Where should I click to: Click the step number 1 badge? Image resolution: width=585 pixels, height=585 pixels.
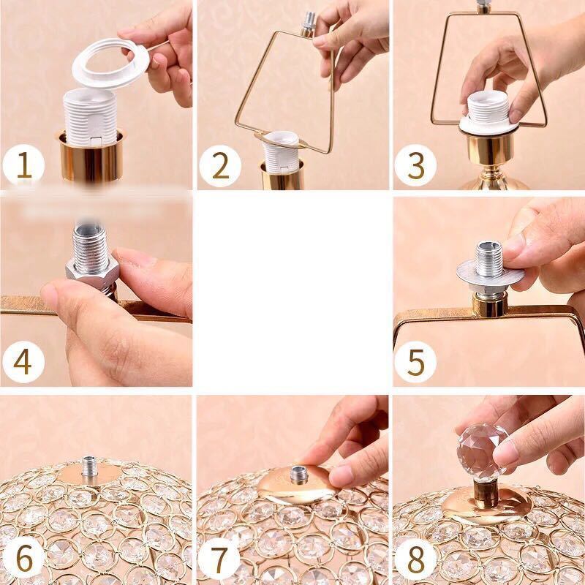23,165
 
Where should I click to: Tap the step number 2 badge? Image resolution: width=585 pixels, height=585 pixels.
220,166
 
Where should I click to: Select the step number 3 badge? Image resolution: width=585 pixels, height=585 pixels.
415,165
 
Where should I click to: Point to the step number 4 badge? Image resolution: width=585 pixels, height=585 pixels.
23,361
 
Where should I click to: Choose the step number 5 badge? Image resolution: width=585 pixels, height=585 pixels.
415,361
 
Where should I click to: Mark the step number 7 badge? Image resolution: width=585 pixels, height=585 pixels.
219,559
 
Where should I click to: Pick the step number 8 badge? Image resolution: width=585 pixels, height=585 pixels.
415,559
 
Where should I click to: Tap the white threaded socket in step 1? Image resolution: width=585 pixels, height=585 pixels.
90,117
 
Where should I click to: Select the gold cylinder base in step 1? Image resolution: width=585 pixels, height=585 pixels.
91,156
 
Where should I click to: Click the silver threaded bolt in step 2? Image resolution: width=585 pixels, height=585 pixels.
308,24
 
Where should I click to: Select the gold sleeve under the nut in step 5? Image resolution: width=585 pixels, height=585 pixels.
489,304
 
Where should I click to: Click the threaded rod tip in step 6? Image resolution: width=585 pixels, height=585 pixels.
89,466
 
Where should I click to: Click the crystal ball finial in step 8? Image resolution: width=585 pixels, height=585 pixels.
482,452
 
